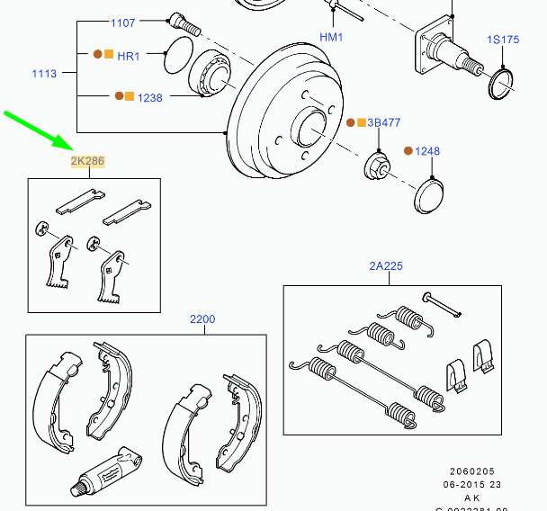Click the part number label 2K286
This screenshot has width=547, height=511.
tap(88, 162)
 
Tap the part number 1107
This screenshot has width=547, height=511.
tap(123, 22)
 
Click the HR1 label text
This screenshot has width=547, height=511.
tap(129, 56)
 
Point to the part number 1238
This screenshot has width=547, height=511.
tap(150, 97)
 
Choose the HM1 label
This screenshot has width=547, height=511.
tap(332, 37)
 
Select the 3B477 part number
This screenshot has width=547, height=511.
tap(385, 122)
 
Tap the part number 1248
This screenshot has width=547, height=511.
tap(427, 151)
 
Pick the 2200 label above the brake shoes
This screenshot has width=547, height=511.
tap(202, 318)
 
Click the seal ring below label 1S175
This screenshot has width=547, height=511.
tap(499, 84)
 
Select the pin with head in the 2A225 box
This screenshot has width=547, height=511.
tap(442, 304)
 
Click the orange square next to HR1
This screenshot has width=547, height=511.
tap(109, 55)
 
